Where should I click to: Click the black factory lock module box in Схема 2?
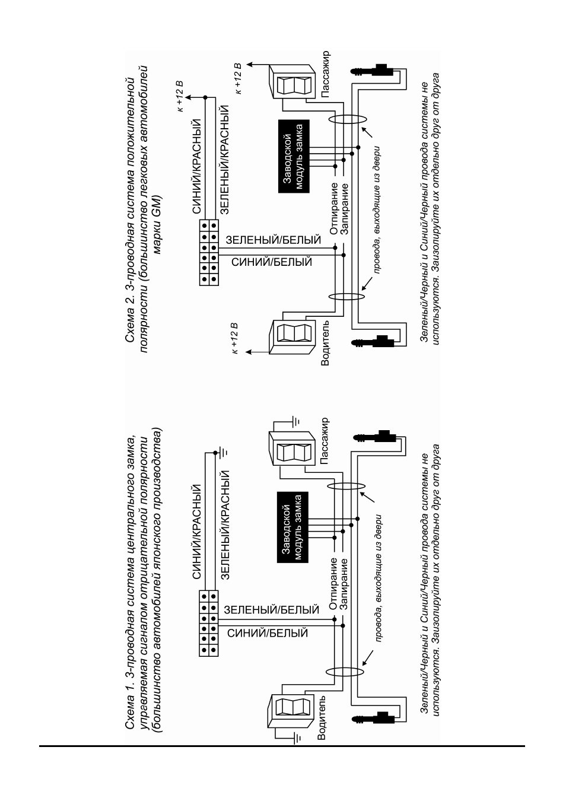(x=294, y=156)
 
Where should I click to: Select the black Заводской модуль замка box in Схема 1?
(x=292, y=527)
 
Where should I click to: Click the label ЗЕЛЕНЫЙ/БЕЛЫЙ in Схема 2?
(x=273, y=240)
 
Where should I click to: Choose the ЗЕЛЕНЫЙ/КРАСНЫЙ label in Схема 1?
(x=225, y=525)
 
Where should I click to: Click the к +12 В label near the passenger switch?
(x=239, y=79)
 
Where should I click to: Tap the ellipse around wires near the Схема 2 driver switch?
(x=346, y=297)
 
